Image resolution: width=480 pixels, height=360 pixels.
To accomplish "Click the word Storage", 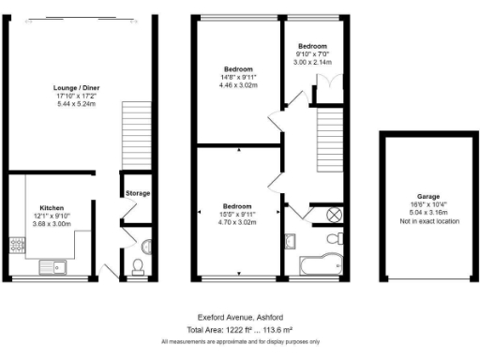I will click(139, 193).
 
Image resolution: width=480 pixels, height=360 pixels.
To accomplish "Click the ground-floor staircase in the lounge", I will click(136, 136).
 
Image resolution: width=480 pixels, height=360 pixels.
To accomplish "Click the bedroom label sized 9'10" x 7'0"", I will click(312, 54).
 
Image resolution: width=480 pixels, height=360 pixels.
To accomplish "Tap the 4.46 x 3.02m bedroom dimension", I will click(239, 82).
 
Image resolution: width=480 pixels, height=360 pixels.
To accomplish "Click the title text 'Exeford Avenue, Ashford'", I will click(239, 317).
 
